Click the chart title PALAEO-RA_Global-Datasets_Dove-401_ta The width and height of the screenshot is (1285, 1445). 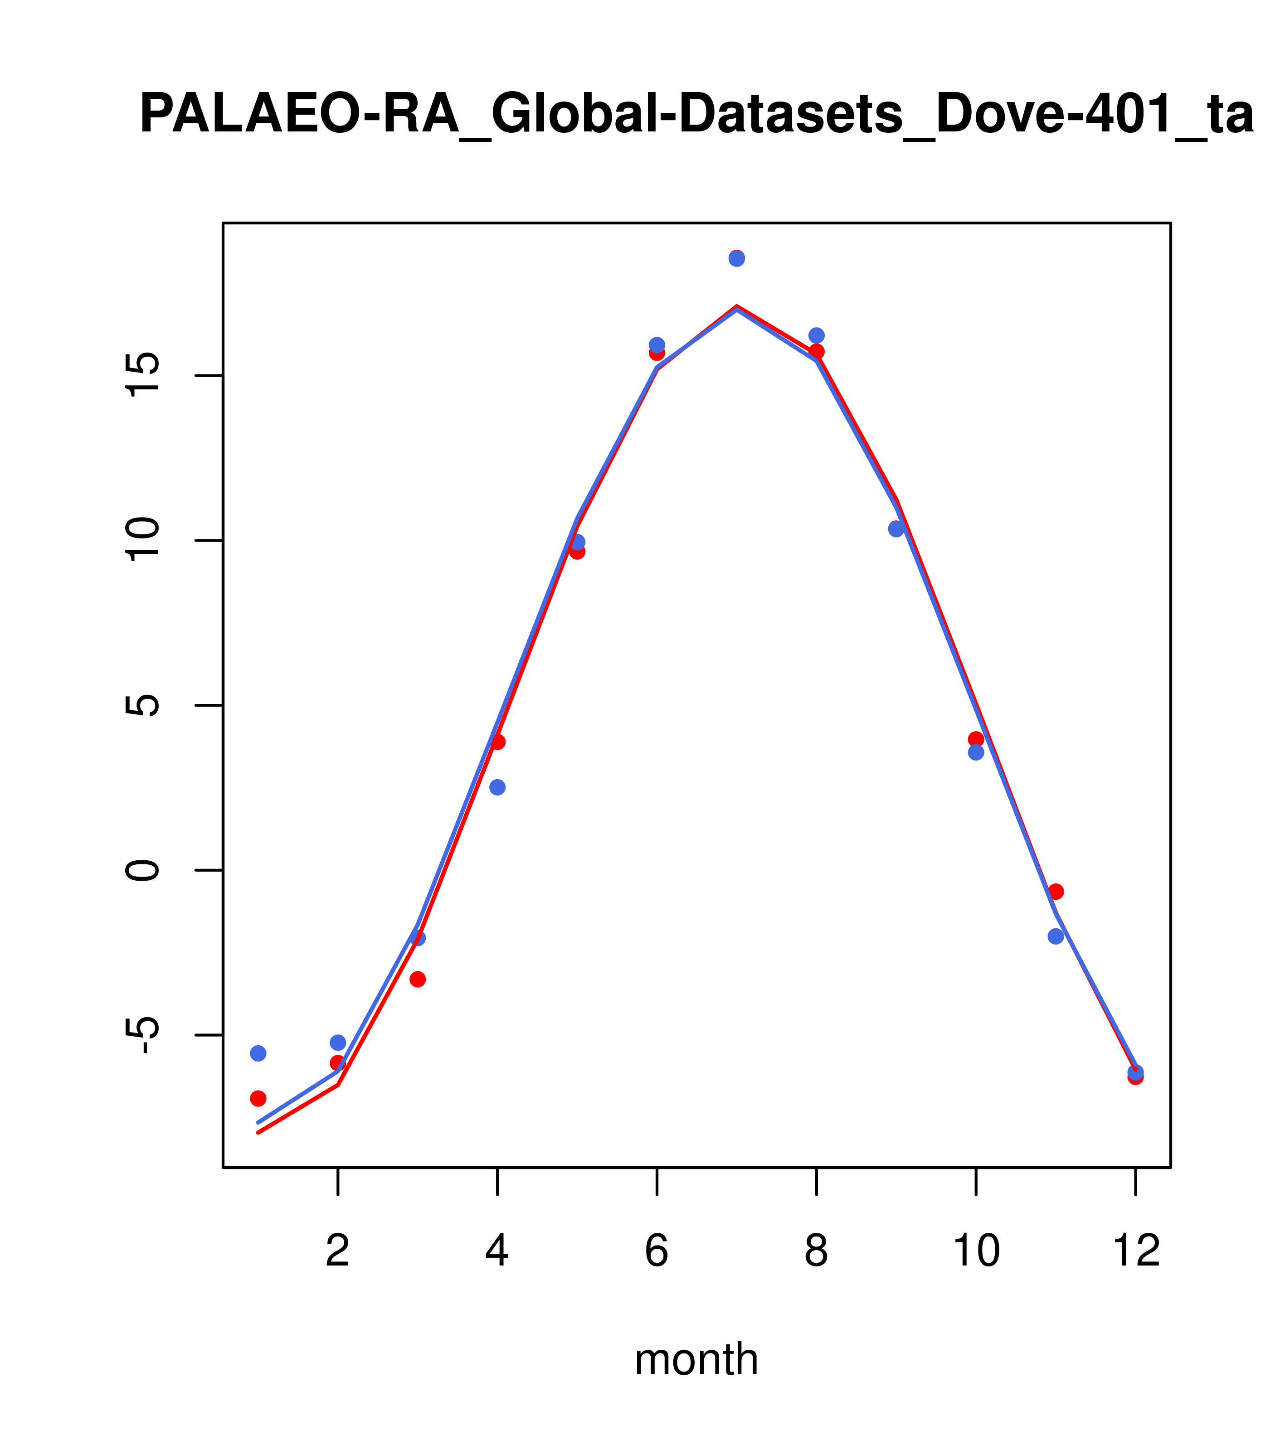point(696,115)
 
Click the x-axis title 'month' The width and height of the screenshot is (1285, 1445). point(696,1359)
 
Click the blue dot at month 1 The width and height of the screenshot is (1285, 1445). point(258,1053)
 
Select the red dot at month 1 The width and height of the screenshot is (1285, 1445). point(258,1098)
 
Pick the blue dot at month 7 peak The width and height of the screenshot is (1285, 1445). point(737,259)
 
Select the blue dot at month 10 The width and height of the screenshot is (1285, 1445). point(976,752)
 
